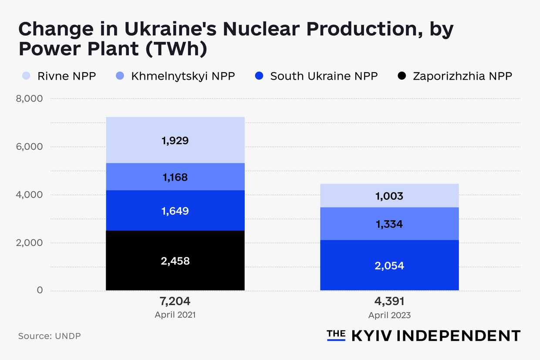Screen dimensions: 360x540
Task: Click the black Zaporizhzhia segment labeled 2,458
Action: [x=175, y=260]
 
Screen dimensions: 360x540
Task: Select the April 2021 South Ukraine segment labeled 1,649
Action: [x=175, y=211]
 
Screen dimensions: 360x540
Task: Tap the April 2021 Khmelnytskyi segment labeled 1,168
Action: [x=175, y=177]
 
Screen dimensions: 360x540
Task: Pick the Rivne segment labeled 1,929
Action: [x=175, y=140]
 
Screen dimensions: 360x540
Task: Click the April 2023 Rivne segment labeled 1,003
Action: [x=389, y=196]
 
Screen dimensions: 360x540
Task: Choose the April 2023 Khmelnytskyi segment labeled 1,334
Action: [x=389, y=224]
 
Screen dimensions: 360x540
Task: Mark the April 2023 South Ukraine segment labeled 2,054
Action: [x=389, y=265]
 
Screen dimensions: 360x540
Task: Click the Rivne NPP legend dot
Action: [x=26, y=76]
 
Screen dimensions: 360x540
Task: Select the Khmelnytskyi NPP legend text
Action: [x=183, y=76]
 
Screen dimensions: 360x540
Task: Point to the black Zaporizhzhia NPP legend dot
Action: [x=402, y=76]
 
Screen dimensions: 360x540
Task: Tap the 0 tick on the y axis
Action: [x=40, y=290]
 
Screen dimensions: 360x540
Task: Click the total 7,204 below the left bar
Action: [x=175, y=301]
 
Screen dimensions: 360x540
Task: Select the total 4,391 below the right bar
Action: [x=389, y=301]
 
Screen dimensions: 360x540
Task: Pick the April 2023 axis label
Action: [x=389, y=315]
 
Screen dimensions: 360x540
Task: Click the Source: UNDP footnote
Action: [x=49, y=336]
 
